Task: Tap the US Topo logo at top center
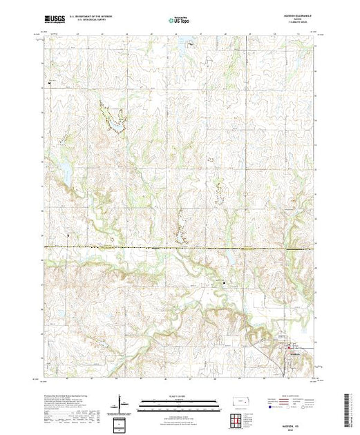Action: [x=179, y=21]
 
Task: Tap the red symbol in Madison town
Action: [x=288, y=349]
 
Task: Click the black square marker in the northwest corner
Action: [x=50, y=84]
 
